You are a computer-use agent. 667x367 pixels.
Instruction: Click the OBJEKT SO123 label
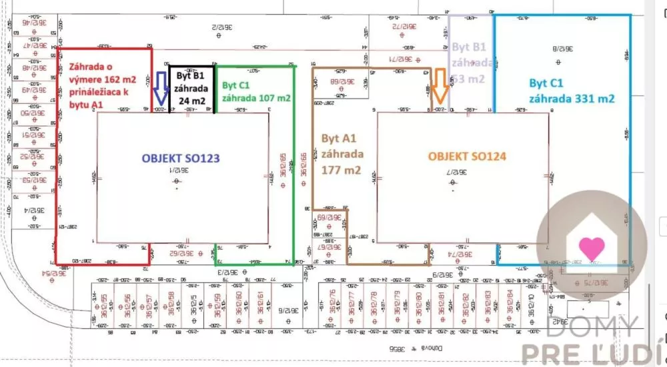click(180, 159)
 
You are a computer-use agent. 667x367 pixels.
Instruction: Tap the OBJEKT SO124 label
click(467, 157)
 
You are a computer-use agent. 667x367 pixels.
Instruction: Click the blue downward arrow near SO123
click(160, 88)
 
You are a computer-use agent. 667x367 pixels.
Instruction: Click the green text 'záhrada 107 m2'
click(256, 98)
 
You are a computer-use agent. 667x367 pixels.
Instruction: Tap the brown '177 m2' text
click(342, 170)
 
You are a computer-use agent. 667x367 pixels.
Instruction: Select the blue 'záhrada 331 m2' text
click(572, 98)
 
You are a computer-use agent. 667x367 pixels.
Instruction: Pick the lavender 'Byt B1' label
click(470, 47)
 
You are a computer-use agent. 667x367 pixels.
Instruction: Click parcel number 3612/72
click(404, 25)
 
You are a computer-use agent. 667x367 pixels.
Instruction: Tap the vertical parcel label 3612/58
click(171, 302)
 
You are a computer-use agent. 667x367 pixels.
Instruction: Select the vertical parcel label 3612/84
click(510, 303)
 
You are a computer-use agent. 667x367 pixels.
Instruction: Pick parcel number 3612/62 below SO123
click(186, 253)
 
